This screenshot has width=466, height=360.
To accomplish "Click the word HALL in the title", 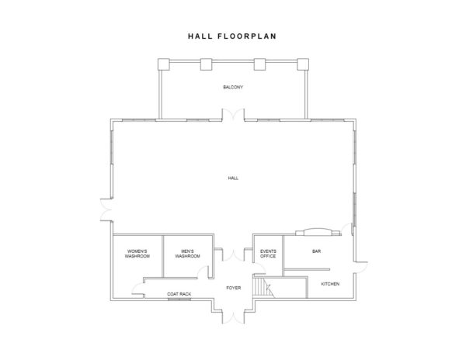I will [198, 36].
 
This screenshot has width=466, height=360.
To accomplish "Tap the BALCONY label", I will [233, 87].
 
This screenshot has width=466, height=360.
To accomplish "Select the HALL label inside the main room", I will [233, 178].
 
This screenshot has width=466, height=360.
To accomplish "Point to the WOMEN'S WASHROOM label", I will [137, 254].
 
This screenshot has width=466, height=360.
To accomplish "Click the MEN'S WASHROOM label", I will [187, 254].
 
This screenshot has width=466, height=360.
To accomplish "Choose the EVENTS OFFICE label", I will [268, 254].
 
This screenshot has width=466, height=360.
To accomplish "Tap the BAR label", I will [316, 251].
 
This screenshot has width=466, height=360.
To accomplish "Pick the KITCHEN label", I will [330, 284].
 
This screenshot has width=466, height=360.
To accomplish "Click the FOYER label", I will [233, 288].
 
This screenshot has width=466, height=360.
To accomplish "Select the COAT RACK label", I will [179, 294].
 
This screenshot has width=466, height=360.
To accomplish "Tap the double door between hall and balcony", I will [233, 117].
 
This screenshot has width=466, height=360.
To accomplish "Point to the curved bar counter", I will [317, 231].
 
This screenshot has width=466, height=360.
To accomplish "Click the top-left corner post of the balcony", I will [164, 64].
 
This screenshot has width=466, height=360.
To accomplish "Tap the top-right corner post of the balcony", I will [304, 64].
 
